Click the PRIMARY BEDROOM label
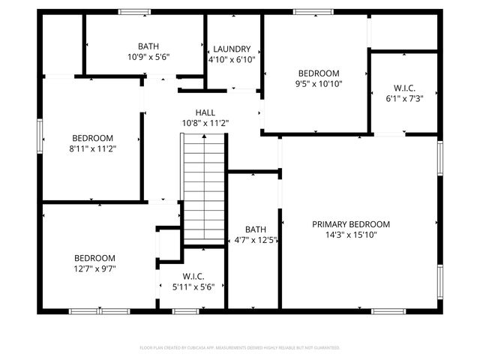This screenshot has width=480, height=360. pyautogui.click(x=351, y=223)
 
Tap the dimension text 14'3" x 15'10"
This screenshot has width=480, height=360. pyautogui.click(x=351, y=235)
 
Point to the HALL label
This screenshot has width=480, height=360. pyautogui.click(x=205, y=112)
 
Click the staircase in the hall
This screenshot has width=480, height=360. pyautogui.click(x=205, y=187)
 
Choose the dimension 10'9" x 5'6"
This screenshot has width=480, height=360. pyautogui.click(x=148, y=56)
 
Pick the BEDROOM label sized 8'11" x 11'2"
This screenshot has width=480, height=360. pyautogui.click(x=93, y=138)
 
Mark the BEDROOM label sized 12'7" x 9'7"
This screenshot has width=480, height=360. pyautogui.click(x=94, y=257)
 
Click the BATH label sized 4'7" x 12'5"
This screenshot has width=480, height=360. pyautogui.click(x=256, y=229)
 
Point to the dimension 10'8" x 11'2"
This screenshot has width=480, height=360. pyautogui.click(x=205, y=123)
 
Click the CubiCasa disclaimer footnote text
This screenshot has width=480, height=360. pyautogui.click(x=240, y=348)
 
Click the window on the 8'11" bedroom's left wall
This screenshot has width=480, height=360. pyautogui.click(x=40, y=137)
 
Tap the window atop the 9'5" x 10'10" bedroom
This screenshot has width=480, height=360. pyautogui.click(x=307, y=11)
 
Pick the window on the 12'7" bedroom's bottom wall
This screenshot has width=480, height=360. pyautogui.click(x=99, y=310)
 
